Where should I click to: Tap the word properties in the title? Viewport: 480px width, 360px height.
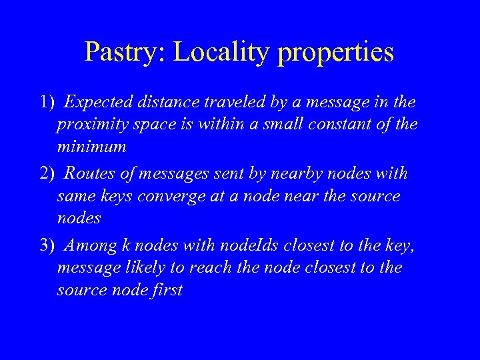click(335, 52)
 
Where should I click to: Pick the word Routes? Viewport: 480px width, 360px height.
click(92, 174)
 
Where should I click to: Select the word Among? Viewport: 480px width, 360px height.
click(91, 245)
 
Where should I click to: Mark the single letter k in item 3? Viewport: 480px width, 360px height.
click(127, 245)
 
